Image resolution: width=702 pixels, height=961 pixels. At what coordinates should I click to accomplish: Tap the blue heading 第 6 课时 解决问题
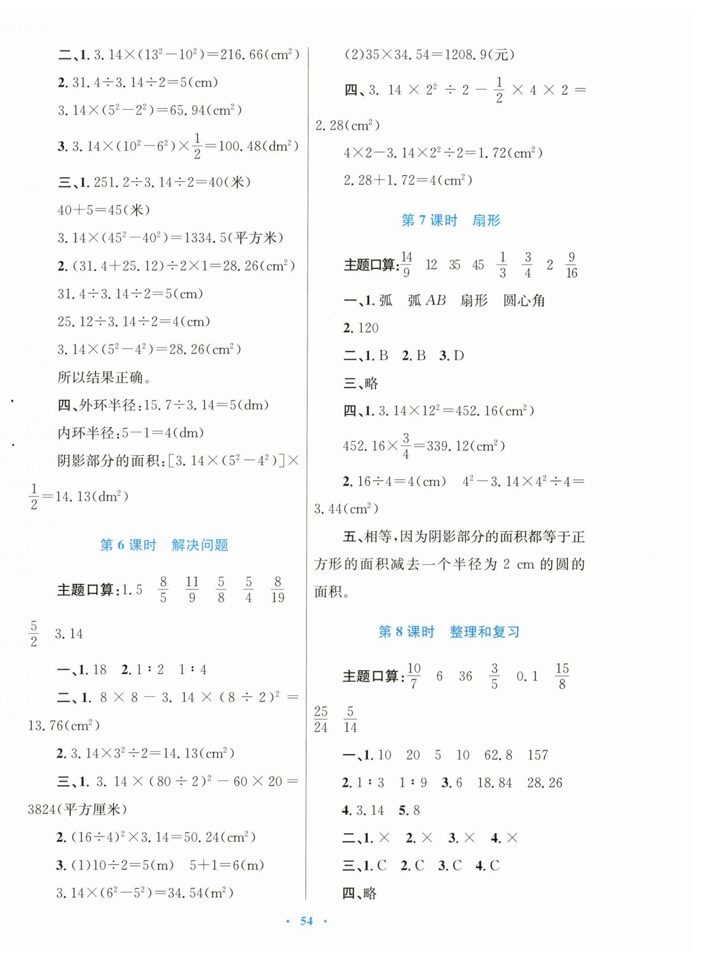pos(164,545)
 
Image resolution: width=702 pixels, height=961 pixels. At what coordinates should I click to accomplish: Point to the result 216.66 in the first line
pos(241,55)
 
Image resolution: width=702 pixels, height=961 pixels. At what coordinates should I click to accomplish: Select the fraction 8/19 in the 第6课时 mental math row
pos(278,590)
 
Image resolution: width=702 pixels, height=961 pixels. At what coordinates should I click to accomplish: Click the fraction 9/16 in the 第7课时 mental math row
pos(571,265)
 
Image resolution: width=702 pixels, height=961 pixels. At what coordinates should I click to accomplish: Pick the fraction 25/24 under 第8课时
pos(321,720)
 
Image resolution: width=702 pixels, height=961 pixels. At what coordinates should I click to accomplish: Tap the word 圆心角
pos(523,301)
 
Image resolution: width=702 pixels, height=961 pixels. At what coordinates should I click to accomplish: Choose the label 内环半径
pos(86,433)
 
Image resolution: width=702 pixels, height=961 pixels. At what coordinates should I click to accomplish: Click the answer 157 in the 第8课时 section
pos(538,755)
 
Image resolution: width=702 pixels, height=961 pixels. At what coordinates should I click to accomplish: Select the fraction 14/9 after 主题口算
pos(406,265)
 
